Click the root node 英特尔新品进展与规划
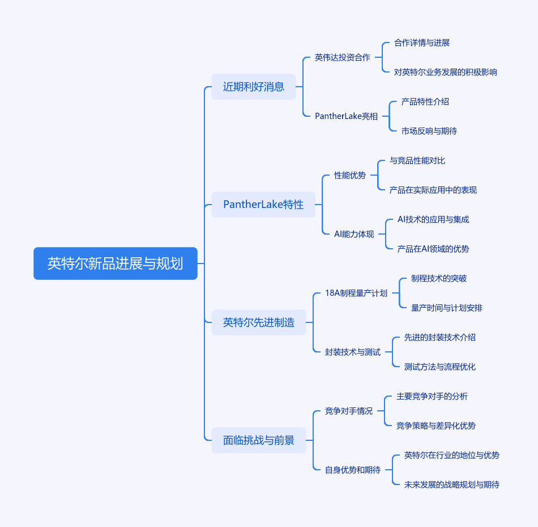[x=116, y=263]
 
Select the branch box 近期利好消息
[x=254, y=87]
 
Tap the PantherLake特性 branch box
[x=263, y=205]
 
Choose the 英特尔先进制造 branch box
[x=259, y=322]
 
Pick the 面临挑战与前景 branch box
[x=259, y=440]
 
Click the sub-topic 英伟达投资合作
[x=342, y=57]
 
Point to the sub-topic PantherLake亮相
[x=347, y=116]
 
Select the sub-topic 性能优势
[x=350, y=175]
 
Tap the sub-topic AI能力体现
[x=354, y=234]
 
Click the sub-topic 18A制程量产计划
[x=356, y=293]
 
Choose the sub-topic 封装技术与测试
[x=352, y=352]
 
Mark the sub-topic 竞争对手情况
[x=349, y=411]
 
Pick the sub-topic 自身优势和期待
[x=352, y=470]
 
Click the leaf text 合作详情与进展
[x=422, y=42]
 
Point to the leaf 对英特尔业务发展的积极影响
[x=446, y=72]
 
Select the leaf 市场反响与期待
[x=429, y=131]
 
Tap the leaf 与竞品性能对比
[x=417, y=160]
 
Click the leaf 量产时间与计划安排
[x=447, y=308]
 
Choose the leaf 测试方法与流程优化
[x=440, y=367]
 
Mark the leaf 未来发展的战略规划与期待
[x=452, y=484]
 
